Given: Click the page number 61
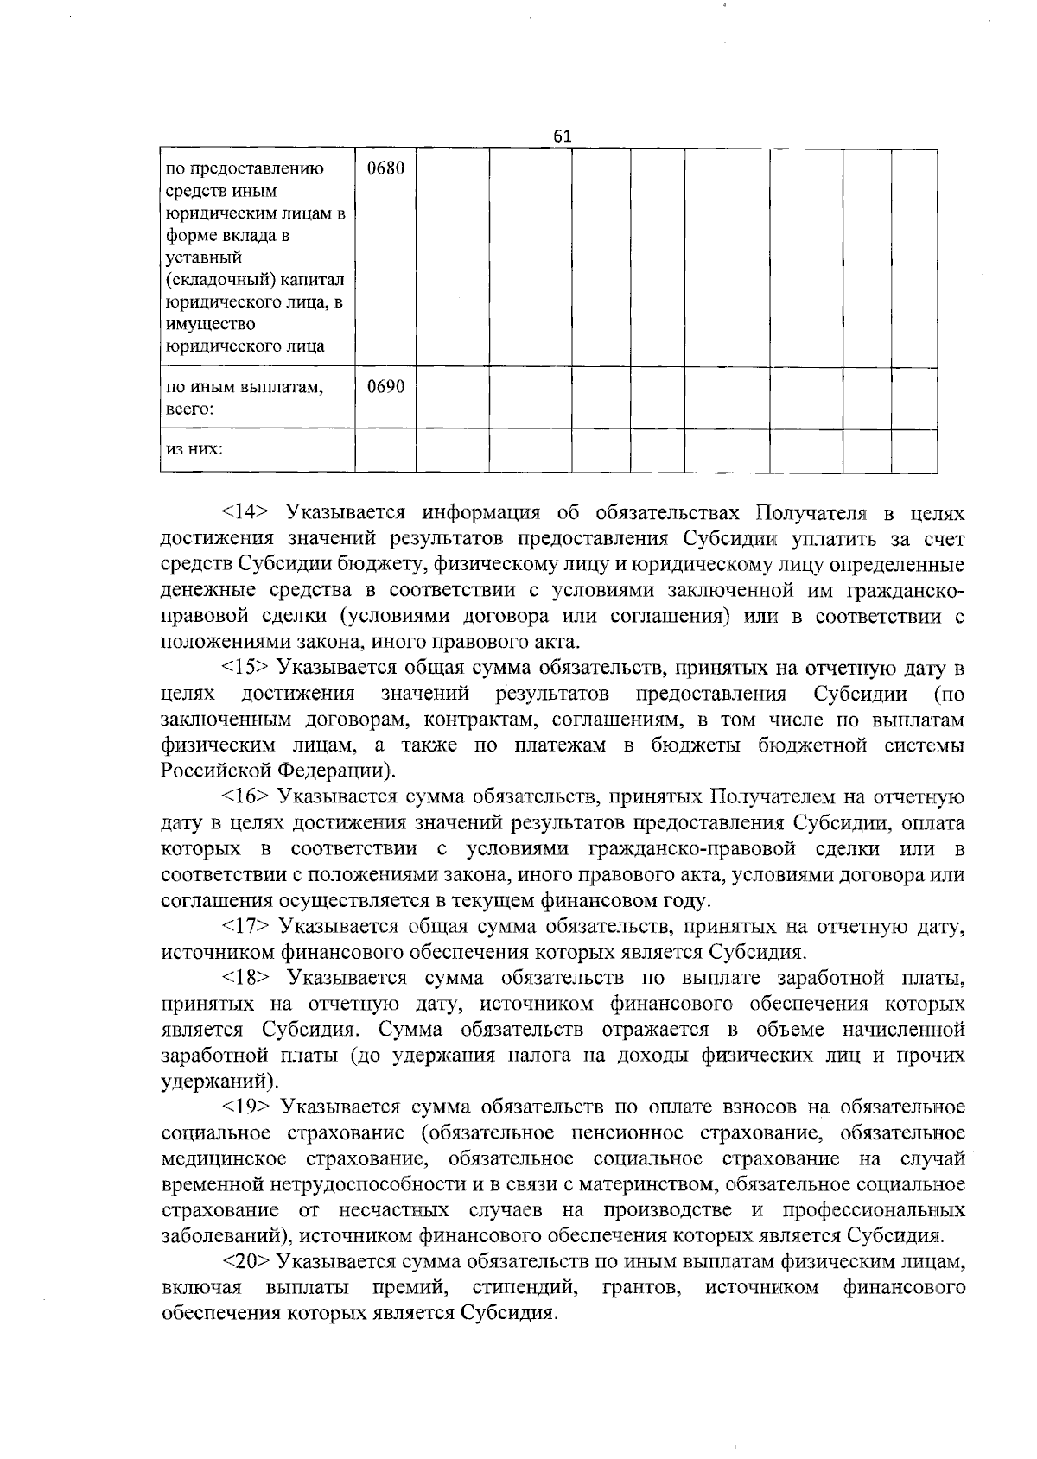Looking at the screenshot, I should (562, 136).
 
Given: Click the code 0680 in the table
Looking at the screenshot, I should (385, 168).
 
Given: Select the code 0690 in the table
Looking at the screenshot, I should (385, 387).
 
